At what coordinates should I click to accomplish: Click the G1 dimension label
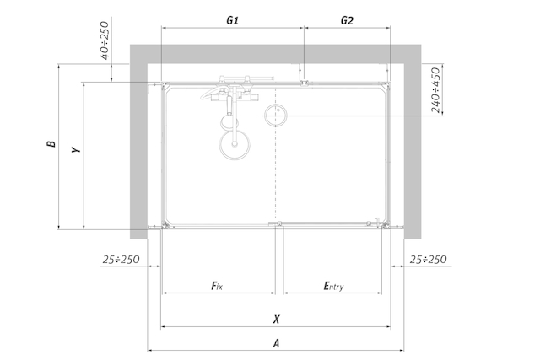[233, 20]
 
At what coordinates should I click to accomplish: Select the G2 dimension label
[347, 20]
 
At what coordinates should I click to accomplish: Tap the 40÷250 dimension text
[105, 40]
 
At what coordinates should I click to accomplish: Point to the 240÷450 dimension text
[435, 90]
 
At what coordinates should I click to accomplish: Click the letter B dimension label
[51, 143]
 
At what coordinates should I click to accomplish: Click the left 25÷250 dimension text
[121, 260]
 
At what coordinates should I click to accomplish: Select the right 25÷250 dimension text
[428, 260]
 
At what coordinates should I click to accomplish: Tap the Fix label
[217, 286]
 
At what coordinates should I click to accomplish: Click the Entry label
[333, 286]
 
